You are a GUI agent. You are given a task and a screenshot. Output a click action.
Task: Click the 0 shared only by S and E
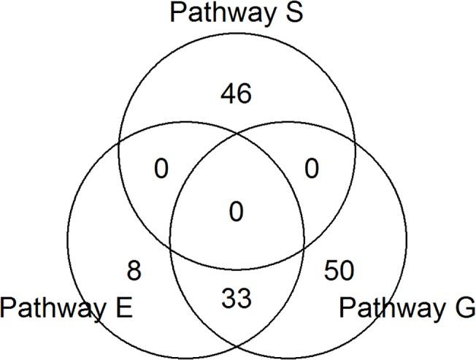pyautogui.click(x=161, y=169)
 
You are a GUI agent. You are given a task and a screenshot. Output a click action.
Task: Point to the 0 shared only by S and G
pyautogui.click(x=312, y=169)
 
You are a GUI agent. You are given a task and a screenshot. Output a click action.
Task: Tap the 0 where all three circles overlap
pyautogui.click(x=237, y=212)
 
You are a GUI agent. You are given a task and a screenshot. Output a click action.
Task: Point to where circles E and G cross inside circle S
pyautogui.click(x=237, y=134)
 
